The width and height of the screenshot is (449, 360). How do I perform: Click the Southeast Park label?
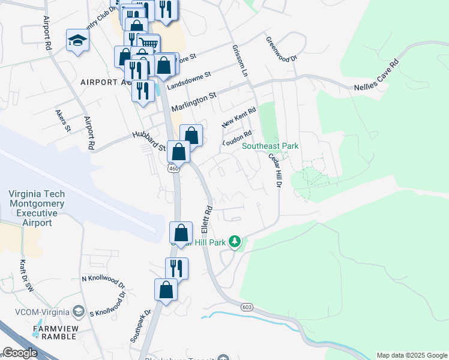click(x=270, y=146)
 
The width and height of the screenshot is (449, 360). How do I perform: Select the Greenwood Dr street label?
click(x=282, y=50)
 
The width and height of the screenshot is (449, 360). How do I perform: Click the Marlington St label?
click(x=193, y=101)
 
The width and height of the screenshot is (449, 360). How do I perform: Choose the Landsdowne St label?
click(x=190, y=82)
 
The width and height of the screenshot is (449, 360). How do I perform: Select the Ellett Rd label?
click(x=207, y=220)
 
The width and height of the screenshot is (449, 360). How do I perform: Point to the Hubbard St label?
click(x=149, y=142)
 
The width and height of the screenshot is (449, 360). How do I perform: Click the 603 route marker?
click(x=248, y=307)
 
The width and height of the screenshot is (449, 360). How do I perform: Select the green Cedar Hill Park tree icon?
click(x=235, y=242)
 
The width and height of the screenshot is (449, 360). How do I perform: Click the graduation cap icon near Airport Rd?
click(x=77, y=40)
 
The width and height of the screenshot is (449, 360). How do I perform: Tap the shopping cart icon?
click(x=148, y=44)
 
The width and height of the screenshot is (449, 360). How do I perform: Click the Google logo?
click(x=20, y=353)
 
